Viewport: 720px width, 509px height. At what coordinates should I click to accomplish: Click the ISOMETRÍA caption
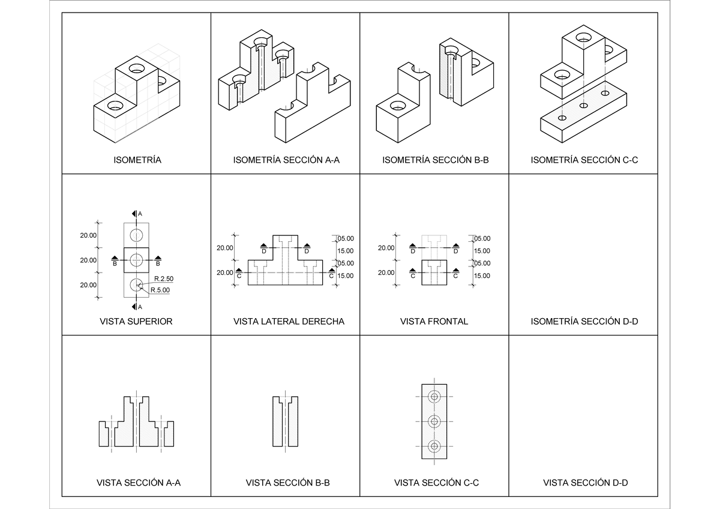tap(137, 160)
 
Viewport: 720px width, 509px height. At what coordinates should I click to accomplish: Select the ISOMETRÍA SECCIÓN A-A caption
tap(286, 160)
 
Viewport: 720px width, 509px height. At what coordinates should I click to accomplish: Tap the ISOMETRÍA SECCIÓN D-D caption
tap(584, 322)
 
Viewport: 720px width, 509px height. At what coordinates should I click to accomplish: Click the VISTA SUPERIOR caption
tap(136, 322)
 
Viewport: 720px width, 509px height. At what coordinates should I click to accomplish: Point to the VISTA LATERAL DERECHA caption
tap(289, 322)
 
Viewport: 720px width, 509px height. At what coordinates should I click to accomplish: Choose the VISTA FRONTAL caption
tap(434, 322)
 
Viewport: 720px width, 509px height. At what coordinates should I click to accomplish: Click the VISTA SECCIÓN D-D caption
tap(585, 483)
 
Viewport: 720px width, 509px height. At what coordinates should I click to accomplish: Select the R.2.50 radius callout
tap(163, 279)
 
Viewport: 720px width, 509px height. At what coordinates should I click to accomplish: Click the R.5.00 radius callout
tap(160, 290)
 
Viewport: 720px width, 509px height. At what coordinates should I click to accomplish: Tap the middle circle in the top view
tap(136, 260)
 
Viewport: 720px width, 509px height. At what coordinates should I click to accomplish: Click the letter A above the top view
tap(140, 214)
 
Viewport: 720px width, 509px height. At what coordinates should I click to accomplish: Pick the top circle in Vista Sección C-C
tap(434, 397)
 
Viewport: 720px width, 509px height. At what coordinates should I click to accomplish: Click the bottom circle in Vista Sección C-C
tap(434, 445)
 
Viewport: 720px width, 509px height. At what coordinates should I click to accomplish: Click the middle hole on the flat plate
tap(583, 106)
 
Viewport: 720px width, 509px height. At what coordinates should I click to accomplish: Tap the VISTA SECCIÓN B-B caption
tap(287, 483)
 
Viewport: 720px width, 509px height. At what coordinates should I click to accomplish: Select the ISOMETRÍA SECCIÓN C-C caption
tap(584, 160)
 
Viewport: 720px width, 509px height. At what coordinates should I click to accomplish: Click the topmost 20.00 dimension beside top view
tap(88, 236)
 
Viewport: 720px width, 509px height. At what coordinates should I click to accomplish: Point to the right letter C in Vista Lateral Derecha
tap(331, 276)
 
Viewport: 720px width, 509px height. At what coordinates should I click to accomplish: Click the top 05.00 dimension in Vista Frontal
tap(482, 238)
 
